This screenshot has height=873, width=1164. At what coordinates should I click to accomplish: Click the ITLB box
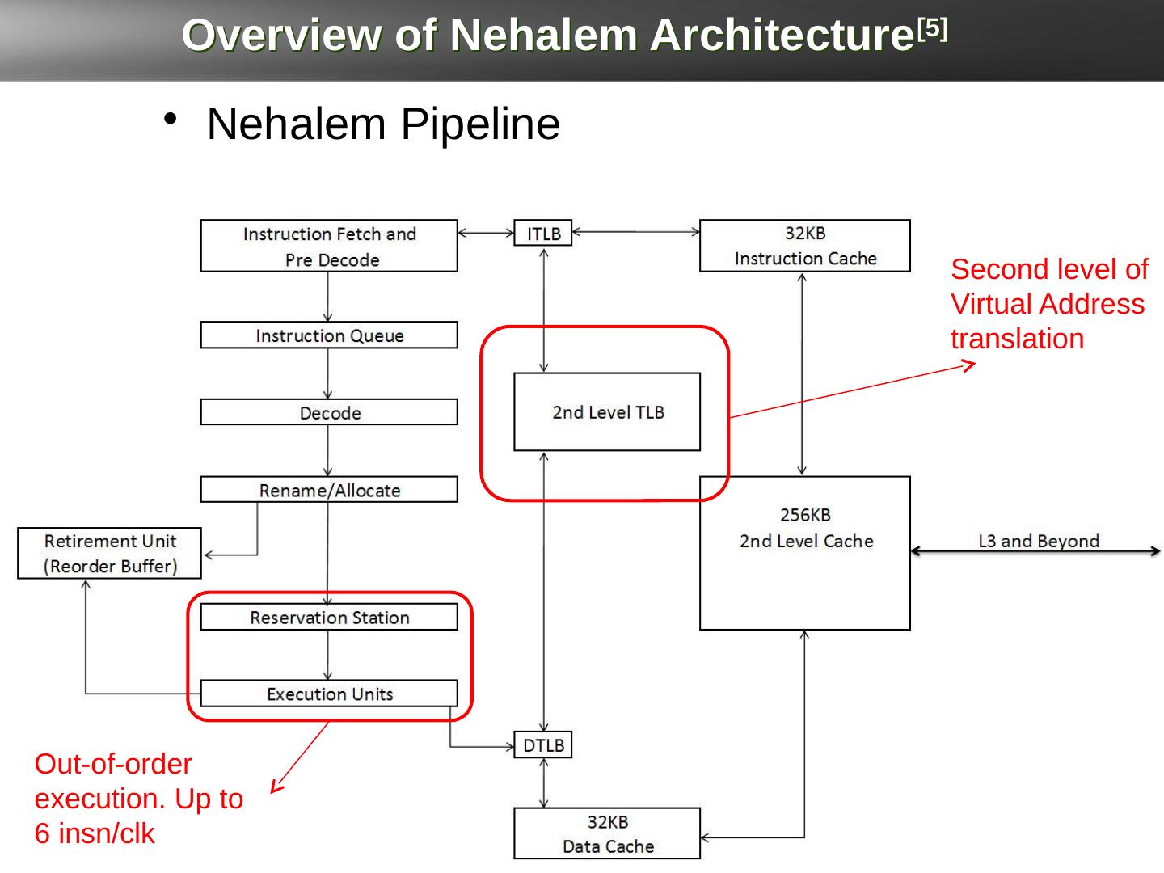pos(543,233)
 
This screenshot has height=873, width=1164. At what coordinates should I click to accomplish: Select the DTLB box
pos(543,744)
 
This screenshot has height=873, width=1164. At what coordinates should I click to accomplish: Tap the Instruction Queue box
pos(329,335)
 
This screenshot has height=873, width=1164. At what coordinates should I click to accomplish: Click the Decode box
pos(329,412)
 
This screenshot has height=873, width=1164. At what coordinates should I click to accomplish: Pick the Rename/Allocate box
pos(329,490)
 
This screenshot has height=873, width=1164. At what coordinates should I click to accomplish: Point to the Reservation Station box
pos(329,618)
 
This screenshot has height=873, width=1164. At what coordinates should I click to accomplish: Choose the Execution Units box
pos(329,694)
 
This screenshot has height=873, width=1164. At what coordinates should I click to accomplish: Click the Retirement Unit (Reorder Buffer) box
pos(110,553)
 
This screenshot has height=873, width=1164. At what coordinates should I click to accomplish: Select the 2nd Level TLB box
pos(607,412)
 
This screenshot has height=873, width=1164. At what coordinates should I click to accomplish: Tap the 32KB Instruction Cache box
pos(805,246)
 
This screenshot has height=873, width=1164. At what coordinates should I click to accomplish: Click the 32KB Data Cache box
pos(607,833)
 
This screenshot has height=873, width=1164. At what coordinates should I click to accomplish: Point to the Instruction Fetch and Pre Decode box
pos(329,246)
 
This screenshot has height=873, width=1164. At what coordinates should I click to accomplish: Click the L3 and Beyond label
pos(1039,541)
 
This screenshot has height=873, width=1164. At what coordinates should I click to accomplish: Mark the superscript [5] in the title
pos(933,30)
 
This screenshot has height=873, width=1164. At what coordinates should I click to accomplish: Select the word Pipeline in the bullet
pos(480,124)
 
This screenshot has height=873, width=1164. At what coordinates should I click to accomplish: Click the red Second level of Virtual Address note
pos(1048,304)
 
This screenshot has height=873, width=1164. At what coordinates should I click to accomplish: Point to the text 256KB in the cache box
pos(805,515)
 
